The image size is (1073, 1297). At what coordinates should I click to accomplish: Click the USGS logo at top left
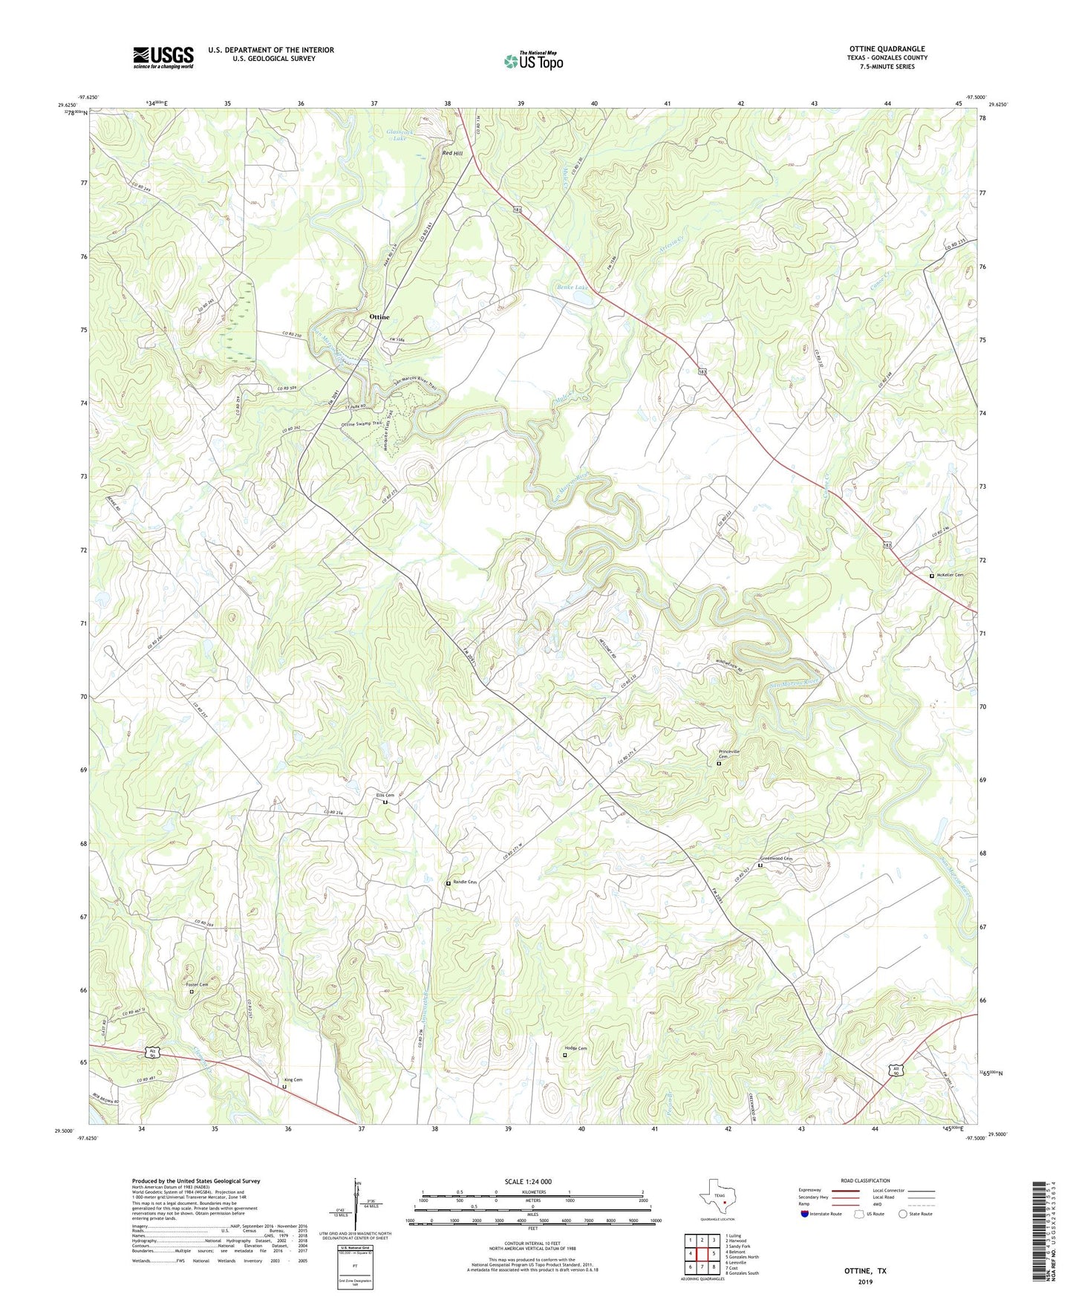click(163, 57)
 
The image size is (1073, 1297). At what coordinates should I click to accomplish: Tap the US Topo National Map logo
click(533, 60)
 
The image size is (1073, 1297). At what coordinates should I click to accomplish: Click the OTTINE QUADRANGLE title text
click(887, 49)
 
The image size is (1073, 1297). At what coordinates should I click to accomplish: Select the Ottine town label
click(379, 317)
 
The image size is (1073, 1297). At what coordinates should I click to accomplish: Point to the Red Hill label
click(452, 153)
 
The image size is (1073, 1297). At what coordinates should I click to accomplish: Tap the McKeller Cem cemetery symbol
click(932, 576)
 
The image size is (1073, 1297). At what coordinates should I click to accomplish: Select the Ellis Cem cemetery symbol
click(385, 802)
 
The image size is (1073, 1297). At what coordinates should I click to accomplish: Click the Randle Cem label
click(465, 882)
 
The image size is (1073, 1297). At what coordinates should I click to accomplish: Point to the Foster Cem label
click(197, 984)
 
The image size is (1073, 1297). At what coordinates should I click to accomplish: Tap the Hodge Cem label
click(575, 1048)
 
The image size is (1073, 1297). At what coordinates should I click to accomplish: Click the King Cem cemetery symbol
click(284, 1086)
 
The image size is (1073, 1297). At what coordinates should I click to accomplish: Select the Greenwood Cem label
click(776, 859)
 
